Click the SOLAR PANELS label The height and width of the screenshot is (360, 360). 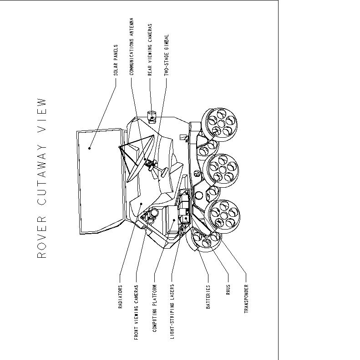(x=116, y=60)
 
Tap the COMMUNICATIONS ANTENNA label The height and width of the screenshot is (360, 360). (x=132, y=47)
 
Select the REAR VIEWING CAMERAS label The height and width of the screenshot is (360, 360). (x=150, y=50)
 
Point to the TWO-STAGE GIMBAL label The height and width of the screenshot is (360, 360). (x=167, y=55)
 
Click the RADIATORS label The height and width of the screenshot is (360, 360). (x=120, y=297)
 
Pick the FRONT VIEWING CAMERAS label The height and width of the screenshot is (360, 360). (x=137, y=312)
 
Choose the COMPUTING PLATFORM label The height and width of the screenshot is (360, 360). (x=154, y=308)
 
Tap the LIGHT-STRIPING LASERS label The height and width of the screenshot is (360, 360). (x=172, y=311)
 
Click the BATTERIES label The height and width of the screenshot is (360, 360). (x=208, y=297)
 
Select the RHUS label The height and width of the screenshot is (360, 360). (x=228, y=290)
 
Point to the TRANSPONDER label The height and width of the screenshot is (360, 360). (x=246, y=299)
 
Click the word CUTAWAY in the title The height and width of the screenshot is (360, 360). (x=42, y=175)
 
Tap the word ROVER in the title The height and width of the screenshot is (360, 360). (x=42, y=237)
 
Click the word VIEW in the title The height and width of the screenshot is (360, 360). (x=42, y=115)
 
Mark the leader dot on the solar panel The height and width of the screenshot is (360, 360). (x=89, y=148)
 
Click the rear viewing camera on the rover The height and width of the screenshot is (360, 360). (x=152, y=117)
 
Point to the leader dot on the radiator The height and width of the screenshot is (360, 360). (x=142, y=204)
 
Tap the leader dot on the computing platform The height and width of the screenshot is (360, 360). (x=174, y=220)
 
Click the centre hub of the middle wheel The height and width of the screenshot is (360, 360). (x=222, y=170)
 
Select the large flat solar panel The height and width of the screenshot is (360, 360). (x=100, y=181)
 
